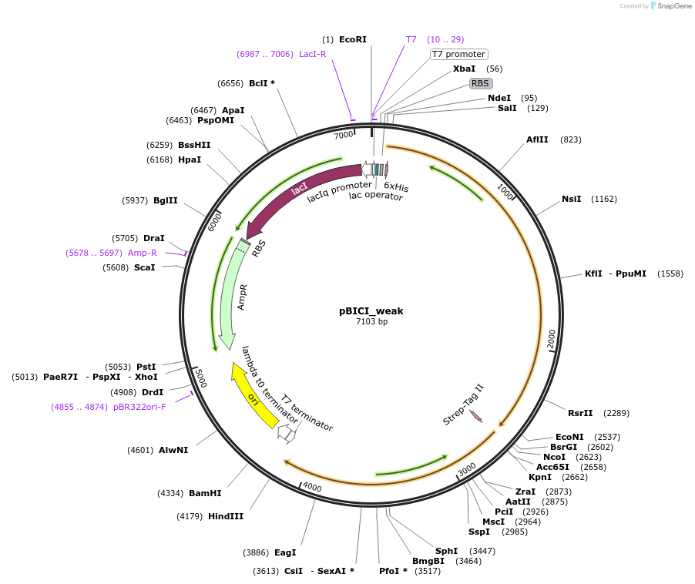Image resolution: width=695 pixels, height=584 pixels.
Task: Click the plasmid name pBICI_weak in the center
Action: pos(371,311)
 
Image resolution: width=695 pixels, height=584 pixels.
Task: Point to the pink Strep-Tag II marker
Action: pos(475,416)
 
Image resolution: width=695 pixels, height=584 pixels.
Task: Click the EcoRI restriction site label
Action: pos(353,39)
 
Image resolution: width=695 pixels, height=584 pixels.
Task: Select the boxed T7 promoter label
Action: pos(458,55)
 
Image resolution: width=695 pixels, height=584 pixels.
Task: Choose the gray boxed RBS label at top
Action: pos(481,83)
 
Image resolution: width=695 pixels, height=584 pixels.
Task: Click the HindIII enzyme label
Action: pos(226,516)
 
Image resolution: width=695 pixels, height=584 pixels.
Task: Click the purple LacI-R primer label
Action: pos(313,54)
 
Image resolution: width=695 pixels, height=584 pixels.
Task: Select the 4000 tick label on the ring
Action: pos(312,487)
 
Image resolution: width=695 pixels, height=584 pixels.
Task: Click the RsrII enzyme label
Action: pos(581,413)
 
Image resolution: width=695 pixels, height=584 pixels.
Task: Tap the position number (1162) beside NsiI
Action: pos(604,200)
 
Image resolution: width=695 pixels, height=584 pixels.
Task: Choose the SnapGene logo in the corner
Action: pos(667,6)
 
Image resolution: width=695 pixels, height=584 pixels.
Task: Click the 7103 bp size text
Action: pos(371,322)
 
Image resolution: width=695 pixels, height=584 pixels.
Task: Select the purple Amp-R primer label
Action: pos(142,253)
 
